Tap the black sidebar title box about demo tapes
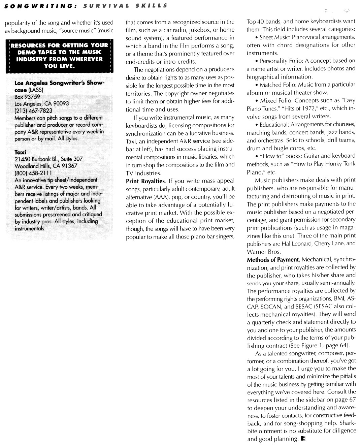(59, 56)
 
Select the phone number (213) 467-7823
(33, 110)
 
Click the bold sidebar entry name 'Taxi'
(20, 152)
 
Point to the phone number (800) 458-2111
(33, 173)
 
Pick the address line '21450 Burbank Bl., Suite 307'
(48, 159)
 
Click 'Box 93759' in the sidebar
(27, 97)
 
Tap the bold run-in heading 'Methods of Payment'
(273, 260)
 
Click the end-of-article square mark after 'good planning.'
(303, 439)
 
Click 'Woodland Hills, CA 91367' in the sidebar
(46, 166)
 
